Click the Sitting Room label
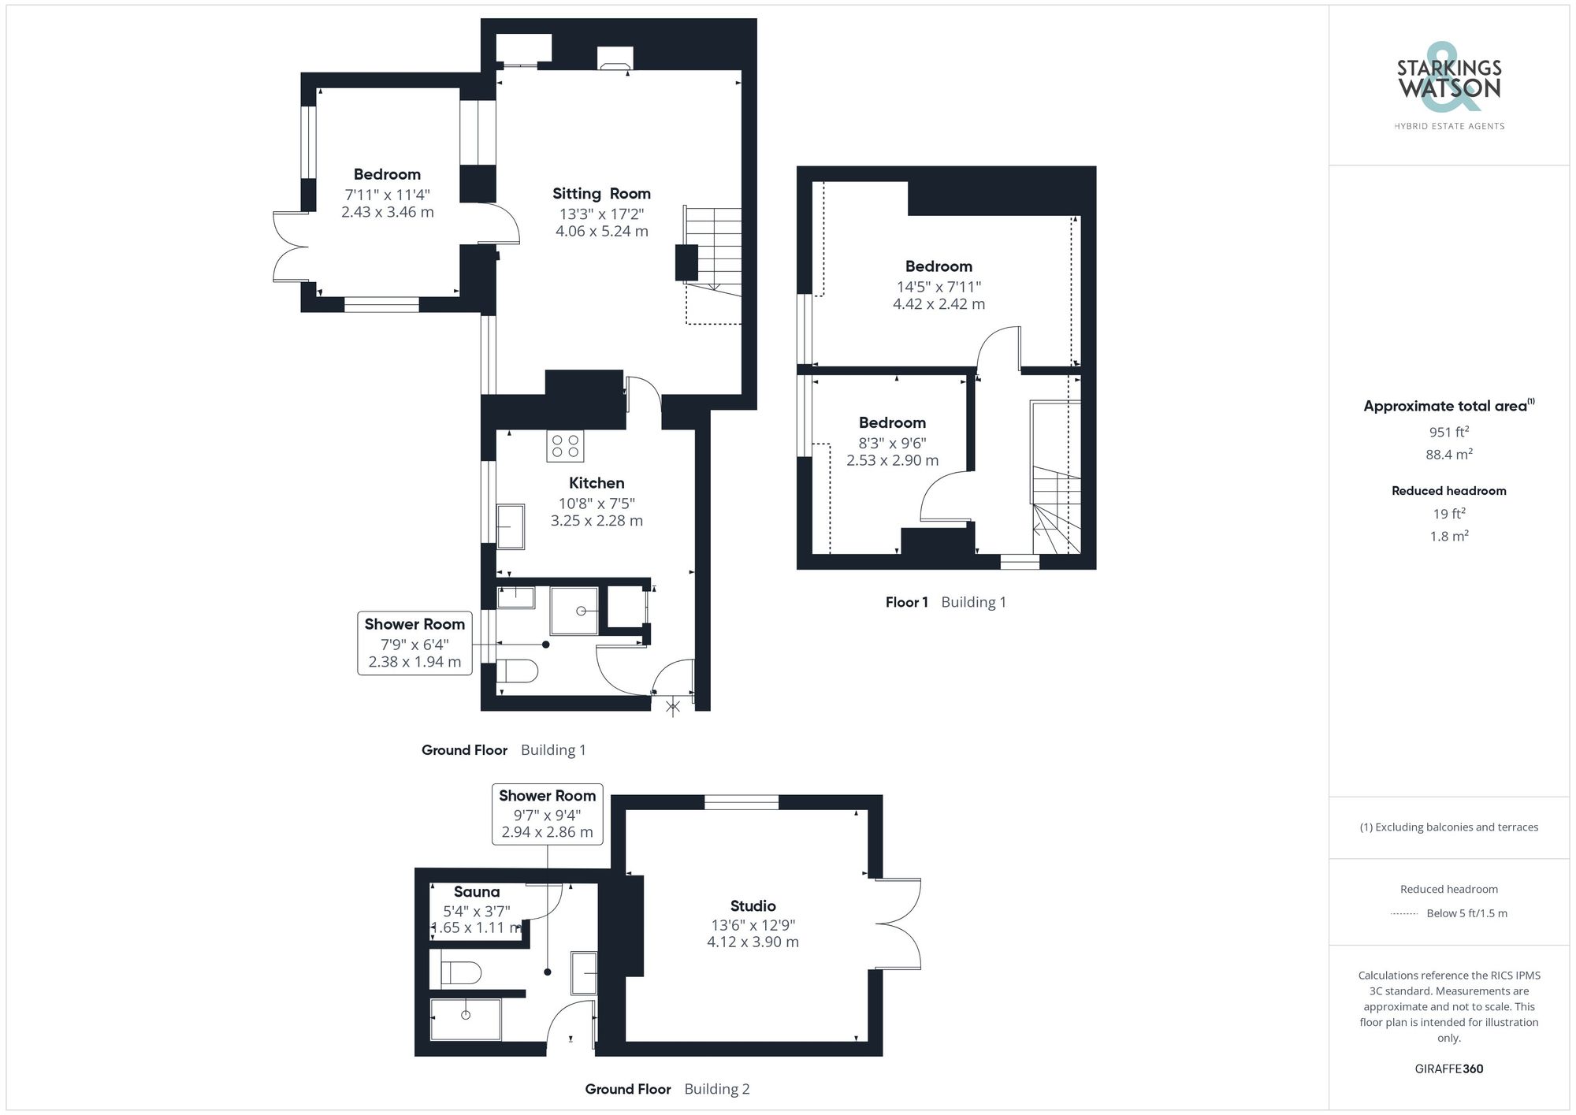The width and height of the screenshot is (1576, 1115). [601, 194]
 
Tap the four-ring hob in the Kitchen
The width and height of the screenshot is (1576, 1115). [565, 446]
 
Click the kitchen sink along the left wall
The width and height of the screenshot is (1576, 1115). [511, 526]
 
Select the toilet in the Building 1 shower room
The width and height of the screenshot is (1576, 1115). [518, 671]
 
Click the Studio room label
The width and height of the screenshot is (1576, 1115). [753, 906]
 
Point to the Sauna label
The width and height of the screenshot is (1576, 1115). [477, 892]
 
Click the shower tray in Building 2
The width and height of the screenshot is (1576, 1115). [466, 1019]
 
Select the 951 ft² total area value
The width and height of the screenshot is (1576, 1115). [1448, 432]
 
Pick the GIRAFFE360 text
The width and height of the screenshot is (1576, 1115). [1448, 1069]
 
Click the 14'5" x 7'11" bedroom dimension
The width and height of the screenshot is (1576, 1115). [939, 287]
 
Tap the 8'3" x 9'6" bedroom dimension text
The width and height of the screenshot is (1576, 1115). [892, 443]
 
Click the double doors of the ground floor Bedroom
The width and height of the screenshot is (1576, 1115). [290, 247]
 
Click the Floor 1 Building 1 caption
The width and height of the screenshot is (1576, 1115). [945, 602]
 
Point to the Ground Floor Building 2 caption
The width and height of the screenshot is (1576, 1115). [667, 1089]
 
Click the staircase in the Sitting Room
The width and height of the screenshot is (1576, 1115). [714, 252]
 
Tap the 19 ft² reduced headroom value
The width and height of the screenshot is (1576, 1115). [1448, 514]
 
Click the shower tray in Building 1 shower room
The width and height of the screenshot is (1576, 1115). [574, 610]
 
